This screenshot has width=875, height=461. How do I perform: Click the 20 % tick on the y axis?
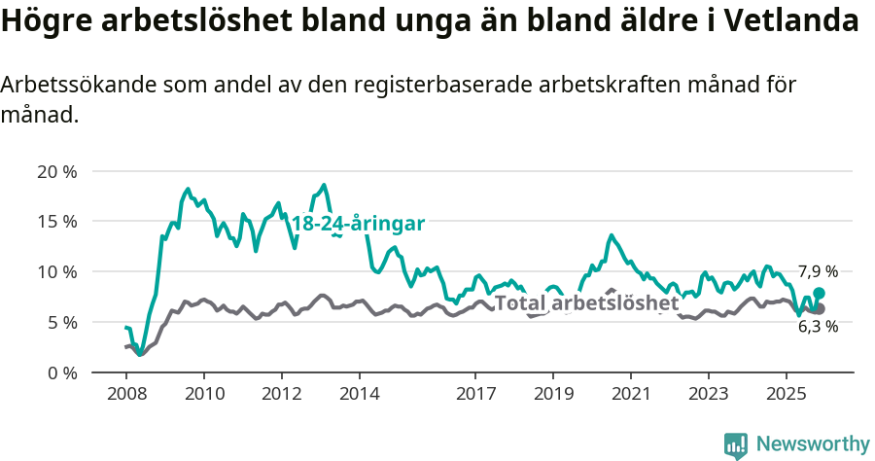coord(57,172)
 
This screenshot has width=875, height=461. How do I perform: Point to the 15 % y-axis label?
coord(57,222)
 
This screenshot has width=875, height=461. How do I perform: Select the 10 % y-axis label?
coord(57,272)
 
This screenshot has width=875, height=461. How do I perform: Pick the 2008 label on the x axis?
coord(126,395)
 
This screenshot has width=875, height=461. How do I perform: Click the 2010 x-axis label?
coord(204,395)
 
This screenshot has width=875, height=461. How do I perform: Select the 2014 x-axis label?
coord(359,395)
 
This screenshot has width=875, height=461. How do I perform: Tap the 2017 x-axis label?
coord(475,395)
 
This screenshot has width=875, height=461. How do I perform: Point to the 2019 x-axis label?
coord(553,395)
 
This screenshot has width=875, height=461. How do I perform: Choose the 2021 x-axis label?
coord(630,395)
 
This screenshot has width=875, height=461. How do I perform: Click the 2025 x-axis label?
coord(786,395)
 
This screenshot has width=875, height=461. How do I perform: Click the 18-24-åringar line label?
coord(358,224)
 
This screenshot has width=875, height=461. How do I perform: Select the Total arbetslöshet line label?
coord(586,303)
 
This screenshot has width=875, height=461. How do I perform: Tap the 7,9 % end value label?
coord(818,272)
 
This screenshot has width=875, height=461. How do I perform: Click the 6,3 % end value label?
coord(818,327)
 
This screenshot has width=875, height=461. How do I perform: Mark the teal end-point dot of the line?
coord(820,293)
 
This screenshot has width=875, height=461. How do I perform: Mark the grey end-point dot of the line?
coord(820,308)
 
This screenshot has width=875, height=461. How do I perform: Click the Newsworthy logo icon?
coord(736,444)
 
